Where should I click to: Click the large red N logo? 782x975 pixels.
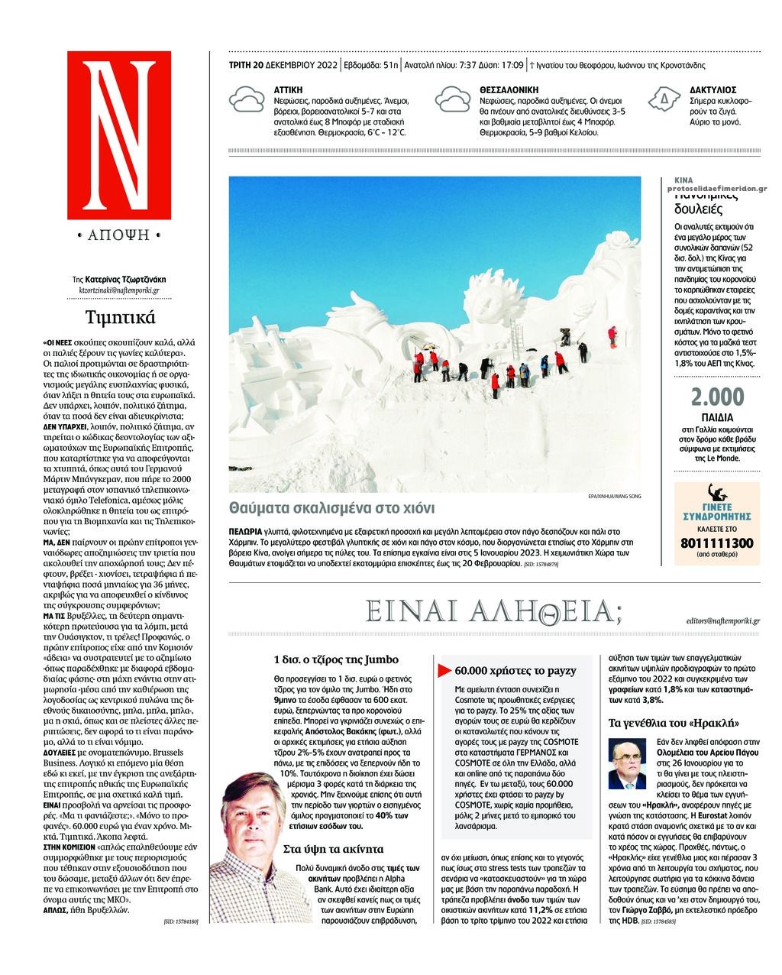pyautogui.click(x=119, y=136)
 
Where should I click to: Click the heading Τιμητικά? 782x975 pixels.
pyautogui.click(x=121, y=317)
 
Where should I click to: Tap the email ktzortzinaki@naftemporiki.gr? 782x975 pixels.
pyautogui.click(x=119, y=291)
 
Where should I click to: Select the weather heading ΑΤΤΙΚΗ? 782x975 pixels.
pyautogui.click(x=288, y=90)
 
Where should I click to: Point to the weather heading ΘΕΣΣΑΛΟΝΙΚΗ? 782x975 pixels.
pyautogui.click(x=509, y=90)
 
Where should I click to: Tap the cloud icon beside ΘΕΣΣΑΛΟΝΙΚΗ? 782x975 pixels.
pyautogui.click(x=452, y=101)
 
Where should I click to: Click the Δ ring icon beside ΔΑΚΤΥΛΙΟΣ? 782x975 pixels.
pyautogui.click(x=664, y=100)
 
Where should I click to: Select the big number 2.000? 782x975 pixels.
pyautogui.click(x=716, y=397)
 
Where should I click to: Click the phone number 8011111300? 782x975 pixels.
pyautogui.click(x=716, y=543)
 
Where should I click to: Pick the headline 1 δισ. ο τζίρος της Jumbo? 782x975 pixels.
pyautogui.click(x=336, y=659)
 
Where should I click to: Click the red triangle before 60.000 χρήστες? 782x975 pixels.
pyautogui.click(x=444, y=671)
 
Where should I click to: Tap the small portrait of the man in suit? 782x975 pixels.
pyautogui.click(x=627, y=764)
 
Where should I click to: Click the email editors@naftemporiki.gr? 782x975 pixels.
pyautogui.click(x=722, y=621)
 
